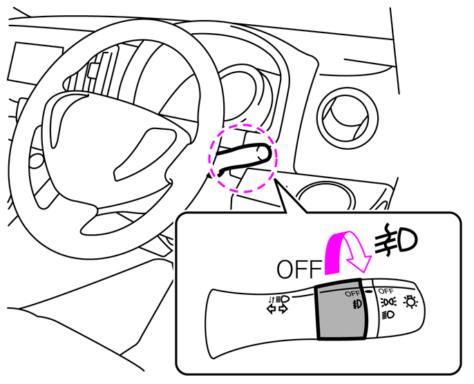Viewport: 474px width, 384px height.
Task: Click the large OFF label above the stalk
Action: (299, 269)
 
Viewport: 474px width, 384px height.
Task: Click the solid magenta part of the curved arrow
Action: (336, 253)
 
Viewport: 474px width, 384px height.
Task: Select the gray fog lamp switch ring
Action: (342, 309)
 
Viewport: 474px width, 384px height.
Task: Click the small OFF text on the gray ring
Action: (352, 294)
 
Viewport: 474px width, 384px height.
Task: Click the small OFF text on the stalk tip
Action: (386, 291)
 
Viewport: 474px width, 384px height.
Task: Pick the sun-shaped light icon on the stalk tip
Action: (411, 302)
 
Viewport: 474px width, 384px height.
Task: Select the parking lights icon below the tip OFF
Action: (388, 302)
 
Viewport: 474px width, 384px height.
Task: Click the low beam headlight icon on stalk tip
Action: (388, 315)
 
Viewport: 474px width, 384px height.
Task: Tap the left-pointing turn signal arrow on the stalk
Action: (272, 309)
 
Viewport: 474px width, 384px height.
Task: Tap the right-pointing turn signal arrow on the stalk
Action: (283, 309)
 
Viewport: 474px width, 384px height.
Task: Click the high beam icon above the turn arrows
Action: (282, 299)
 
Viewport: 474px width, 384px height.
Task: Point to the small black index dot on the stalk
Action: (368, 291)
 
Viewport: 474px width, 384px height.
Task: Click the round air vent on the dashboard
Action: (348, 118)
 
